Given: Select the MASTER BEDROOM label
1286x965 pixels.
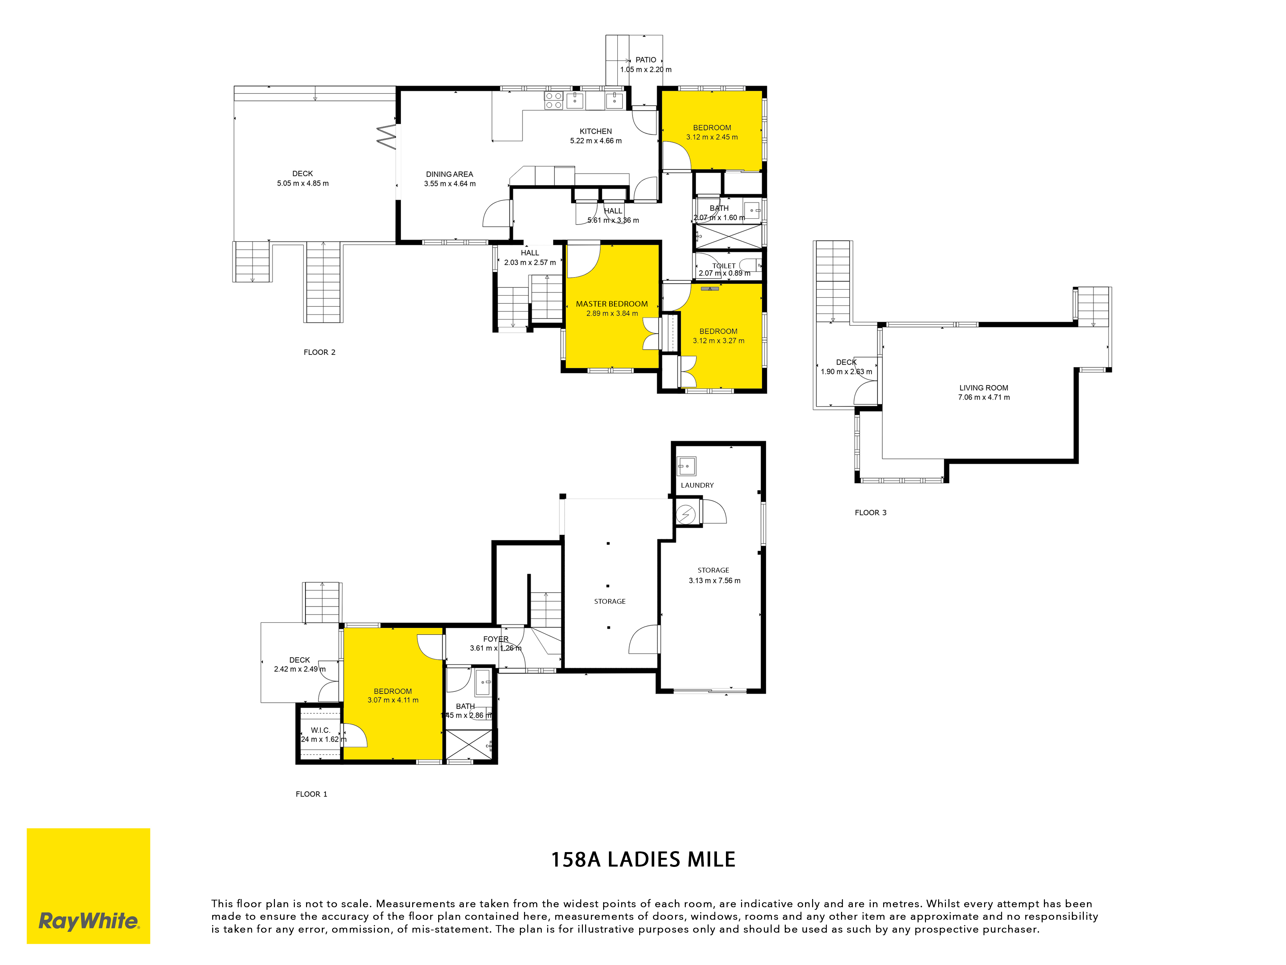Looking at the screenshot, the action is click(611, 304).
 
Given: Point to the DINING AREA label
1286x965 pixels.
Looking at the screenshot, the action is click(449, 174).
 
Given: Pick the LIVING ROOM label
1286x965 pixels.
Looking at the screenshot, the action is click(984, 387).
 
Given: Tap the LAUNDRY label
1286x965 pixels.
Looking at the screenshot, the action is click(697, 485).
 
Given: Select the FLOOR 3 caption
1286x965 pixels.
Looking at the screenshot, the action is click(870, 512).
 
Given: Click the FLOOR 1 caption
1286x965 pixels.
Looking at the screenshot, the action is click(312, 794).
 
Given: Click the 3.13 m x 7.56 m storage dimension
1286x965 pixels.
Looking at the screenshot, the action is click(714, 581).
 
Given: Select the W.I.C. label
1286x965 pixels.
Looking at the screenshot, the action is click(320, 730).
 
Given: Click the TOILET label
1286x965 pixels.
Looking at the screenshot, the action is click(724, 266).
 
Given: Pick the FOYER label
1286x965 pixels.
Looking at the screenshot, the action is click(495, 639).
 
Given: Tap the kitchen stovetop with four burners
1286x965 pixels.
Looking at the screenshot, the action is click(554, 101).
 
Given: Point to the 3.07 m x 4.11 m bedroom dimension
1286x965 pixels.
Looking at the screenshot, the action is click(393, 700).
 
